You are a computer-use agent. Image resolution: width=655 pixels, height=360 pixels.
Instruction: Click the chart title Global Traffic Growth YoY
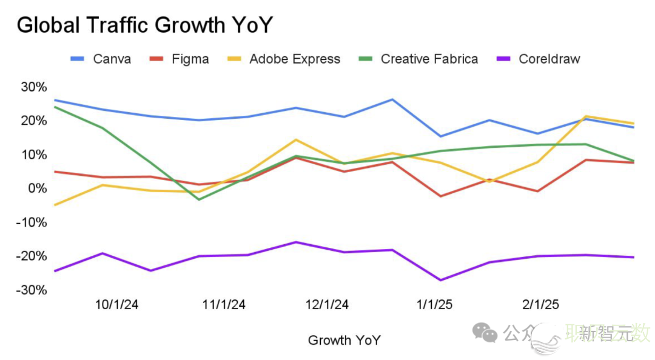pos(144,25)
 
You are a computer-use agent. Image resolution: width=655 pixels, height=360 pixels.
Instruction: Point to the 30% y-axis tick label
pos(33,87)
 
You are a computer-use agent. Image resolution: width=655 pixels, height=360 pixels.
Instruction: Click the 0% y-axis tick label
pos(37,188)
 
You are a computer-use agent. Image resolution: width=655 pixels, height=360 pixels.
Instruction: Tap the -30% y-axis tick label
pos(32,290)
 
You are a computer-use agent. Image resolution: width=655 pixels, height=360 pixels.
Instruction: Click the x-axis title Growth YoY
pos(344,340)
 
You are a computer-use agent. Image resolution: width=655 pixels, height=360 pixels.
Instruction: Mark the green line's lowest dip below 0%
pos(199,199)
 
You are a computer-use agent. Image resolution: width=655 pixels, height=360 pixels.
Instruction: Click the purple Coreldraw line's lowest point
pos(440,280)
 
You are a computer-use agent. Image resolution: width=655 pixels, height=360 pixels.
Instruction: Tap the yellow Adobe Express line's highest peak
pos(586,116)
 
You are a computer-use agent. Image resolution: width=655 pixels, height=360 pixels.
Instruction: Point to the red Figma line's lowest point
pos(440,196)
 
